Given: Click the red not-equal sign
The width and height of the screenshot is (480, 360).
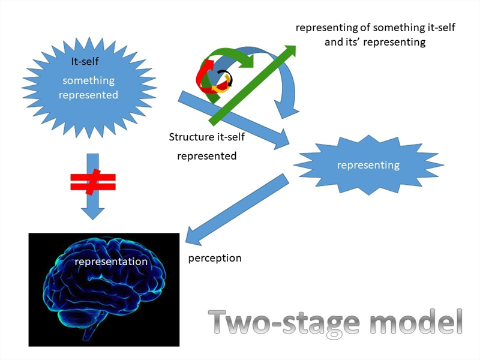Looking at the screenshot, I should tap(91, 182).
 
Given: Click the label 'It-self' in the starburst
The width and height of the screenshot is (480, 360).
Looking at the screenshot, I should tap(86, 61).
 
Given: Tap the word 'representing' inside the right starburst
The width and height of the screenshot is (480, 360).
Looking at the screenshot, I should tap(368, 164).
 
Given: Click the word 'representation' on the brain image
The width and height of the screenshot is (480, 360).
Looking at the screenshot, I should tap(110, 262).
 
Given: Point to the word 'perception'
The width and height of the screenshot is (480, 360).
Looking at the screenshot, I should tap(215, 258).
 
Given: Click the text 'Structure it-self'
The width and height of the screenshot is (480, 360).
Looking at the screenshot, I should tap(207, 137).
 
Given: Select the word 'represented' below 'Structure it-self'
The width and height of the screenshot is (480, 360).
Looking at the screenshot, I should tap(206, 156).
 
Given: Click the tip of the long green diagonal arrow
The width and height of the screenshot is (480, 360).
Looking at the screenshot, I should tap(292, 49).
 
